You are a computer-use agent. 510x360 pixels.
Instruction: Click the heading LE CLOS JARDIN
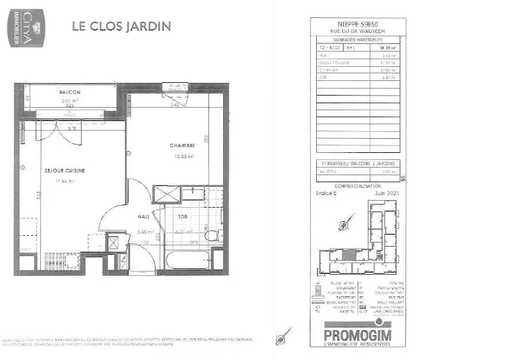pyautogui.click(x=121, y=27)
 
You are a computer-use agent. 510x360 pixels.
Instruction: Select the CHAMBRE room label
pyautogui.click(x=182, y=146)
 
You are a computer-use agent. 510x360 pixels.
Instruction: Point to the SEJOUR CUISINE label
pyautogui.click(x=64, y=171)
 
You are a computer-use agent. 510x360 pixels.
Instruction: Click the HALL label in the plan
pyautogui.click(x=144, y=217)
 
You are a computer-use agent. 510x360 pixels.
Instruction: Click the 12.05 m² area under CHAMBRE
pyautogui.click(x=184, y=155)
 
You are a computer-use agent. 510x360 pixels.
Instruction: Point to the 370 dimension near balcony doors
pyautogui.click(x=72, y=129)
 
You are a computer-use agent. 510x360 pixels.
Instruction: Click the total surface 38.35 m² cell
pyautogui.click(x=388, y=47)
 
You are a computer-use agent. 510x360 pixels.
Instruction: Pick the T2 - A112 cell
pyautogui.click(x=330, y=47)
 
